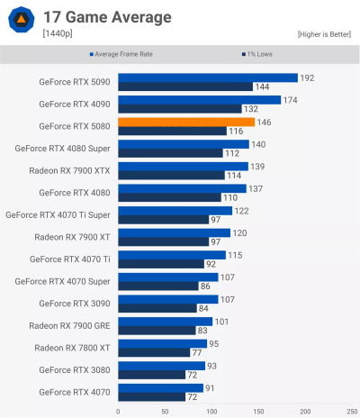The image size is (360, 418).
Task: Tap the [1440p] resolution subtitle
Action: [58, 33]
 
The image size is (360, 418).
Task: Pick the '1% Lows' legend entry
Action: [260, 55]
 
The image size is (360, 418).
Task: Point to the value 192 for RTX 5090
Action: [307, 77]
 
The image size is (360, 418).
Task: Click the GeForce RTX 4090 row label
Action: [75, 104]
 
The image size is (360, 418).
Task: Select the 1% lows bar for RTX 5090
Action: [184, 86]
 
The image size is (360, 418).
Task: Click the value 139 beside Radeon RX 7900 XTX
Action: [256, 166]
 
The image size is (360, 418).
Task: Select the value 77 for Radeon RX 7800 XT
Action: [197, 352]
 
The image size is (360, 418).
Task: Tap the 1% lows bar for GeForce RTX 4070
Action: [151, 396]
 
